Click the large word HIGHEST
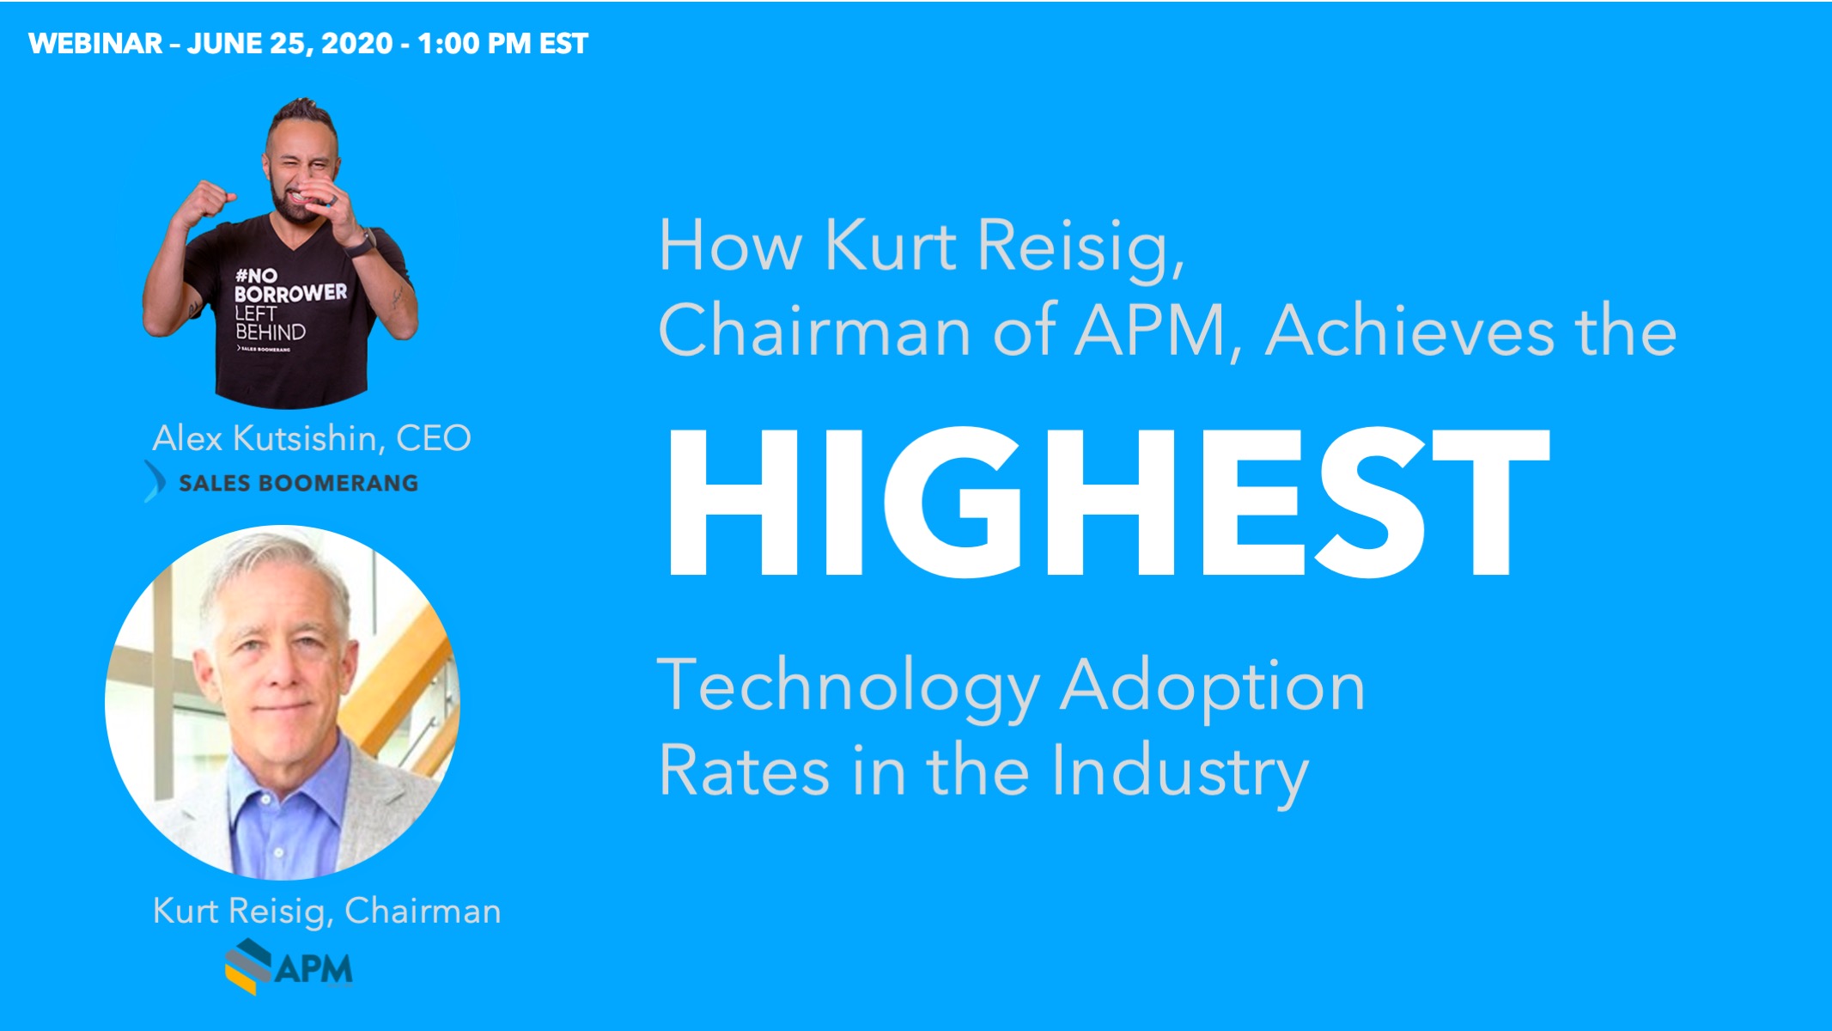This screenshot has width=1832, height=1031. click(x=1108, y=503)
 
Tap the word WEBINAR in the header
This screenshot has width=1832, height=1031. click(x=95, y=44)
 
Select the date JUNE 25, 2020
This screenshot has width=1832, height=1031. click(x=289, y=44)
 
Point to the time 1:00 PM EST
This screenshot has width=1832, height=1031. click(x=502, y=44)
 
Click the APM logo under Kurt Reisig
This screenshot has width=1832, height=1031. click(x=289, y=967)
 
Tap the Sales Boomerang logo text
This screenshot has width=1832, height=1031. click(x=299, y=483)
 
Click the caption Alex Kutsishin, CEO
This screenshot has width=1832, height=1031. click(x=311, y=438)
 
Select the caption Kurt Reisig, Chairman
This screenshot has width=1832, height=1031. click(x=326, y=911)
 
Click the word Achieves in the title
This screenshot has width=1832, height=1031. click(x=1409, y=332)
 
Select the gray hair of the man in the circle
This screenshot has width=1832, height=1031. click(x=275, y=576)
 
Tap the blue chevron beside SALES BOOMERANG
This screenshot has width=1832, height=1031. click(x=155, y=481)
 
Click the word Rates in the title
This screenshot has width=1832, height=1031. click(x=745, y=771)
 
